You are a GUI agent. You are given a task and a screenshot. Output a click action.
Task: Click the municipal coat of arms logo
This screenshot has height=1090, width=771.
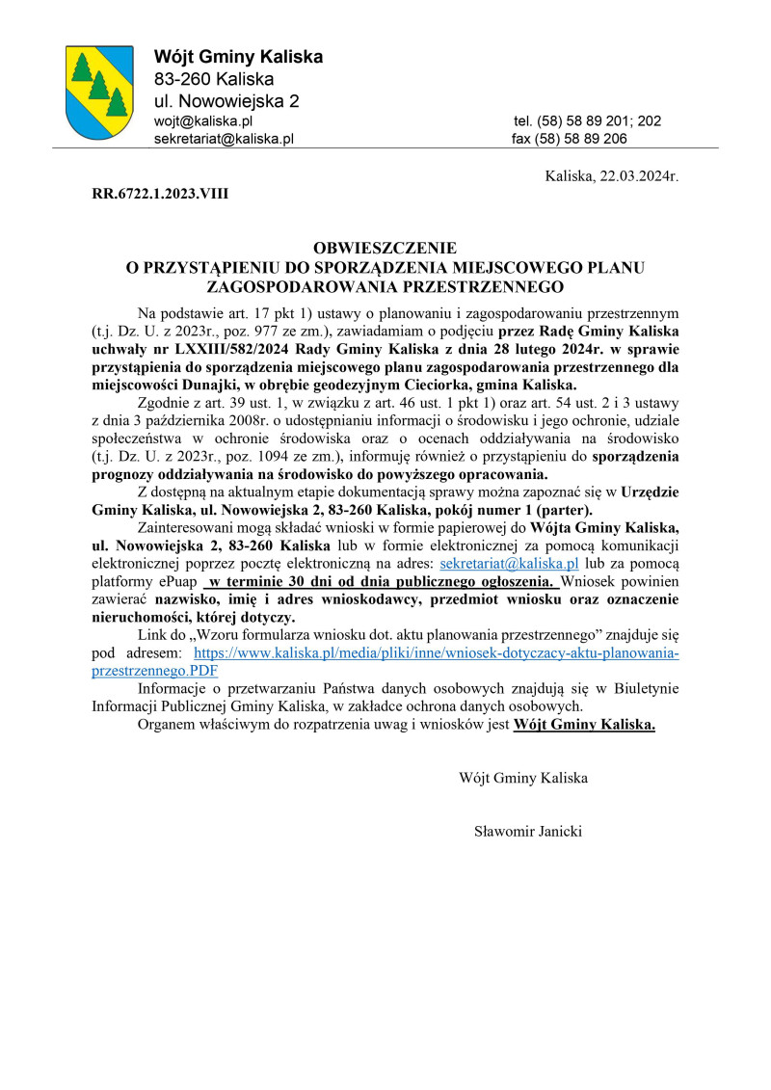[99, 93]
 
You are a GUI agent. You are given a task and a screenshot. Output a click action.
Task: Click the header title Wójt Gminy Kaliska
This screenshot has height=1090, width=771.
[238, 57]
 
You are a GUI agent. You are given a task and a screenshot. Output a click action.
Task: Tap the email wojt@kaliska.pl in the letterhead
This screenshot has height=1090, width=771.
[202, 121]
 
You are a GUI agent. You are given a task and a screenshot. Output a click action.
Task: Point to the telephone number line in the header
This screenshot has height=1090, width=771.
[587, 121]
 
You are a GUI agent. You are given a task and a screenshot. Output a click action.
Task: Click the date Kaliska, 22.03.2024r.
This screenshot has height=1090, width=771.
[612, 177]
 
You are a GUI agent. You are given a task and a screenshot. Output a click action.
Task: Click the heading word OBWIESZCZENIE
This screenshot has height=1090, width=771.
[385, 248]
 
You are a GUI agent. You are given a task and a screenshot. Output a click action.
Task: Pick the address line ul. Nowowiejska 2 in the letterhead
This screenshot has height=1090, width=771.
[226, 101]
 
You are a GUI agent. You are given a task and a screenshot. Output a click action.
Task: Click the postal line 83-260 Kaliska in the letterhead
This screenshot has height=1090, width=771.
[214, 79]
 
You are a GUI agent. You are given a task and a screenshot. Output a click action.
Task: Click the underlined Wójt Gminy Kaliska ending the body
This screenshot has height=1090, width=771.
[585, 725]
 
